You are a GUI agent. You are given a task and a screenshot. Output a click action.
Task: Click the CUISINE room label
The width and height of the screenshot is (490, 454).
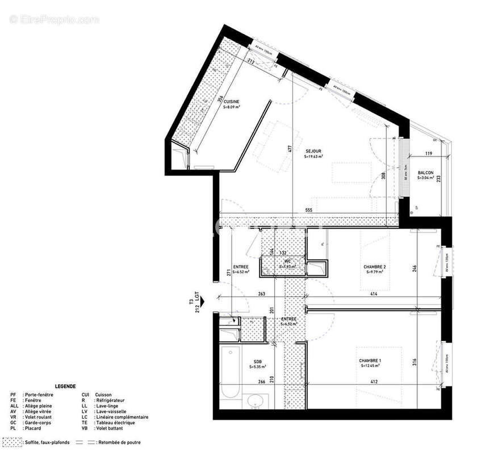click(232, 102)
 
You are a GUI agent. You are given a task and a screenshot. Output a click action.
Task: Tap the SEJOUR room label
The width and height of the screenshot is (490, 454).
click(313, 152)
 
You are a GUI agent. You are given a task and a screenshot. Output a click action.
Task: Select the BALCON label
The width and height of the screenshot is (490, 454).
click(425, 173)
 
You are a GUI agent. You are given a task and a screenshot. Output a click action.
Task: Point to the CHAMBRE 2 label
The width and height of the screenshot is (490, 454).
click(375, 267)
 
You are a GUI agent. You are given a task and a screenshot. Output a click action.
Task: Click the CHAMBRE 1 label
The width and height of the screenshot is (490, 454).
click(370, 361)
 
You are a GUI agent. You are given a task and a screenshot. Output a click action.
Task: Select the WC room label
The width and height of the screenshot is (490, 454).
click(288, 261)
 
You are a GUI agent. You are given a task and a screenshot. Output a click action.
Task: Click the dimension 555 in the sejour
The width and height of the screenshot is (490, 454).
click(308, 210)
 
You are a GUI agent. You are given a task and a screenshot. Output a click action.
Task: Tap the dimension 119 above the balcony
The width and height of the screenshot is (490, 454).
click(429, 154)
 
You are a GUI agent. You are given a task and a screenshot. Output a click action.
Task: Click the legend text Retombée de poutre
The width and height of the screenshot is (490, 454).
click(119, 442)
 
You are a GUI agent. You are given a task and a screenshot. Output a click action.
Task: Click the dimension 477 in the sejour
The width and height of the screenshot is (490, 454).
click(290, 150)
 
